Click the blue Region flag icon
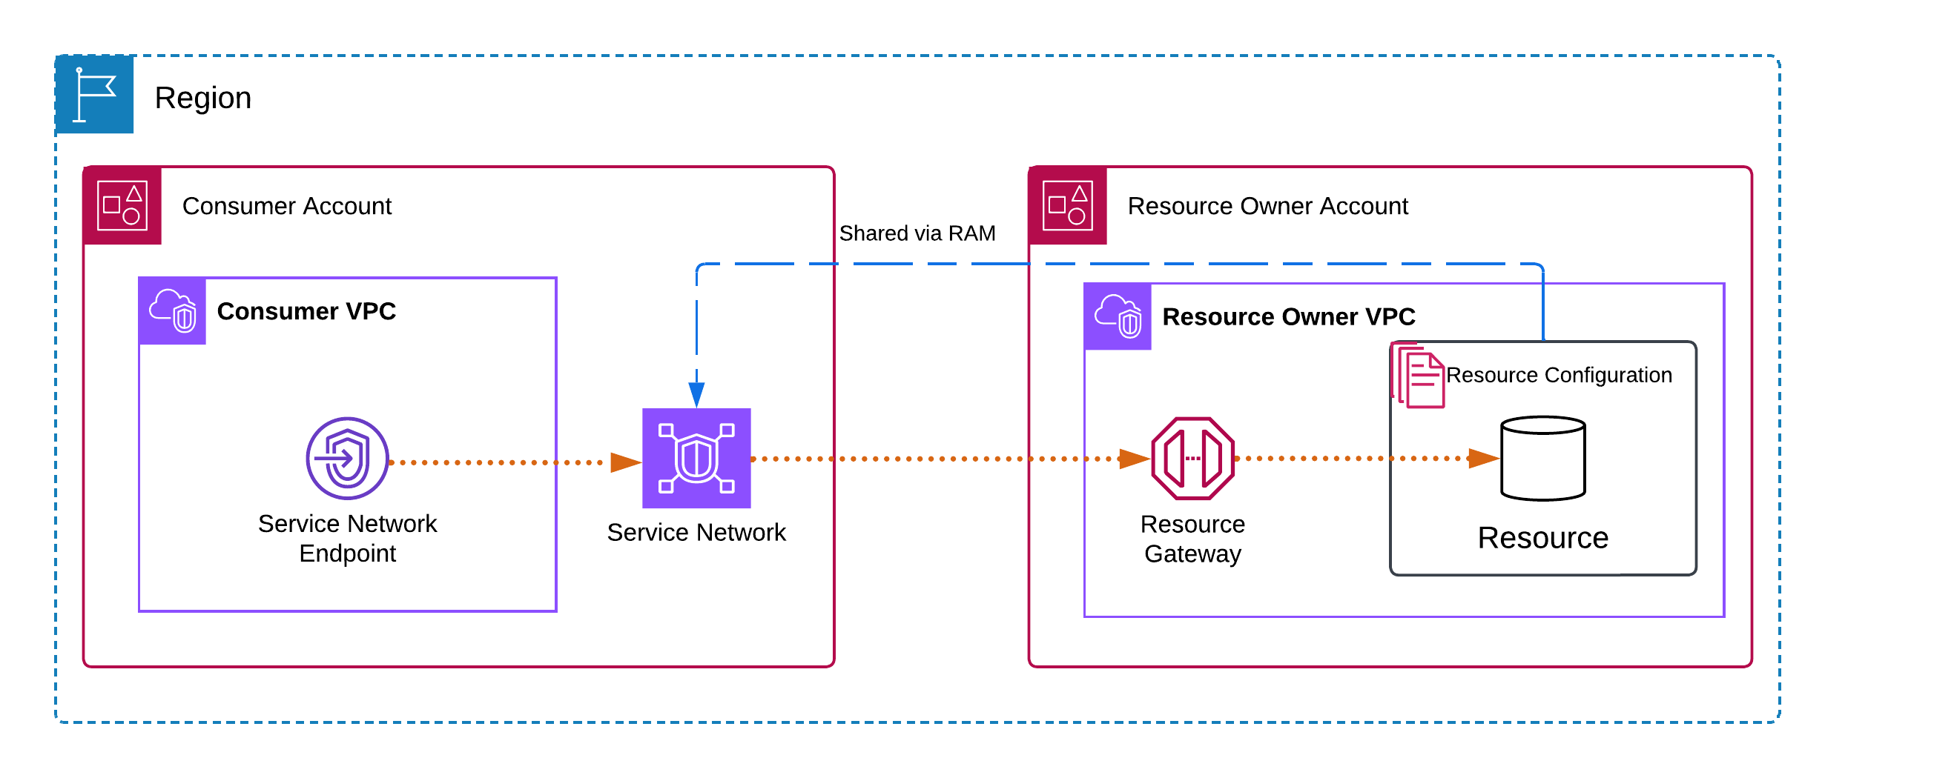[95, 95]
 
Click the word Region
[202, 99]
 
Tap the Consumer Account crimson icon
[122, 205]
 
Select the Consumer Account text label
[287, 206]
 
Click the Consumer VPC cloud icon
[173, 311]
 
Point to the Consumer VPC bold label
[306, 311]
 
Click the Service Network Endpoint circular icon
[347, 459]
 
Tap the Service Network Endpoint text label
[347, 538]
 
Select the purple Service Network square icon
[696, 459]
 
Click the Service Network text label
[696, 533]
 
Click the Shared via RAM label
[917, 233]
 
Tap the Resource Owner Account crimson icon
[1068, 205]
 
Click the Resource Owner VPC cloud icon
[1117, 316]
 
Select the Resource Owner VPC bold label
[1288, 317]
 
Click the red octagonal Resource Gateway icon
[1192, 459]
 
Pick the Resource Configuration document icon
[1418, 376]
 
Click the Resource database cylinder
[1543, 459]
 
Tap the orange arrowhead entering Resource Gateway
[1134, 459]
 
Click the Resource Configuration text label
[1559, 375]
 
